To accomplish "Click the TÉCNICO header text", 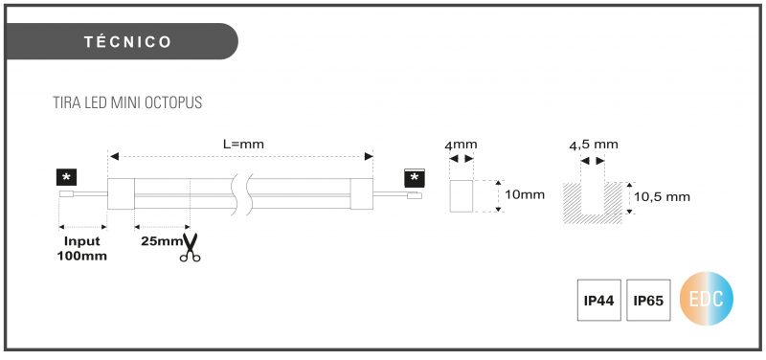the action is coord(128,42).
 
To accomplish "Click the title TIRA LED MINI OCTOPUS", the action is coord(127,103).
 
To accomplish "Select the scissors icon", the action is coord(190,247).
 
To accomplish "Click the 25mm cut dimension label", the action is coord(162,241).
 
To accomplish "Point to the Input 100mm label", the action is coord(82,248).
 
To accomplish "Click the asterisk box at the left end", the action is coord(66,177).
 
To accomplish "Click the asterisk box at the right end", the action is coord(415,178).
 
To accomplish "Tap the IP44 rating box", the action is coord(599,301).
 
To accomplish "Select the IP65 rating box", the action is coord(648,301).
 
